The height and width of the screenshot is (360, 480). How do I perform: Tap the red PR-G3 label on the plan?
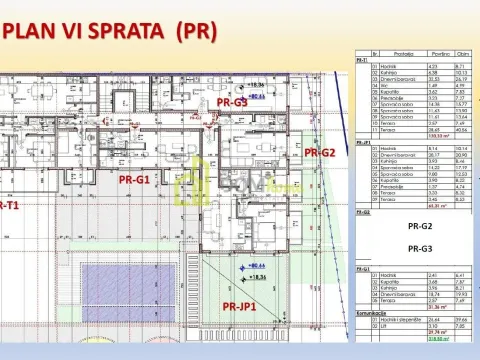pyautogui.click(x=232, y=102)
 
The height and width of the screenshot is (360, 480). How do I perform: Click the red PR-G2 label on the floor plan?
pyautogui.click(x=319, y=152)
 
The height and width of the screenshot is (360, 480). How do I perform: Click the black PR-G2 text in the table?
pyautogui.click(x=420, y=227)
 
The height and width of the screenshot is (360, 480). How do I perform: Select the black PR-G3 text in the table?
pyautogui.click(x=420, y=247)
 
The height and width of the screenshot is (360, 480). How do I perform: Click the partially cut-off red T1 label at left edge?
pyautogui.click(x=7, y=205)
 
